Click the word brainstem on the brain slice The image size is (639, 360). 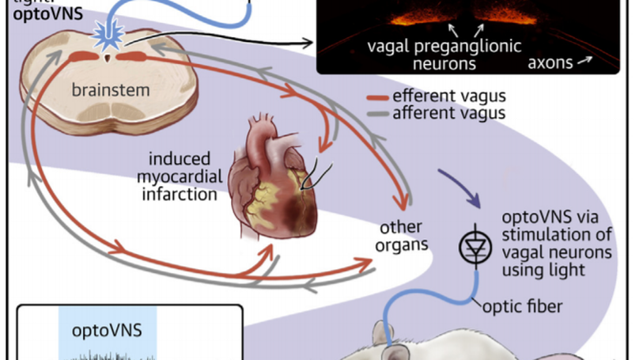(110, 90)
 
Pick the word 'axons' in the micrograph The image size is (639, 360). (552, 60)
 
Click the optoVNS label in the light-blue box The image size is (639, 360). (108, 328)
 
